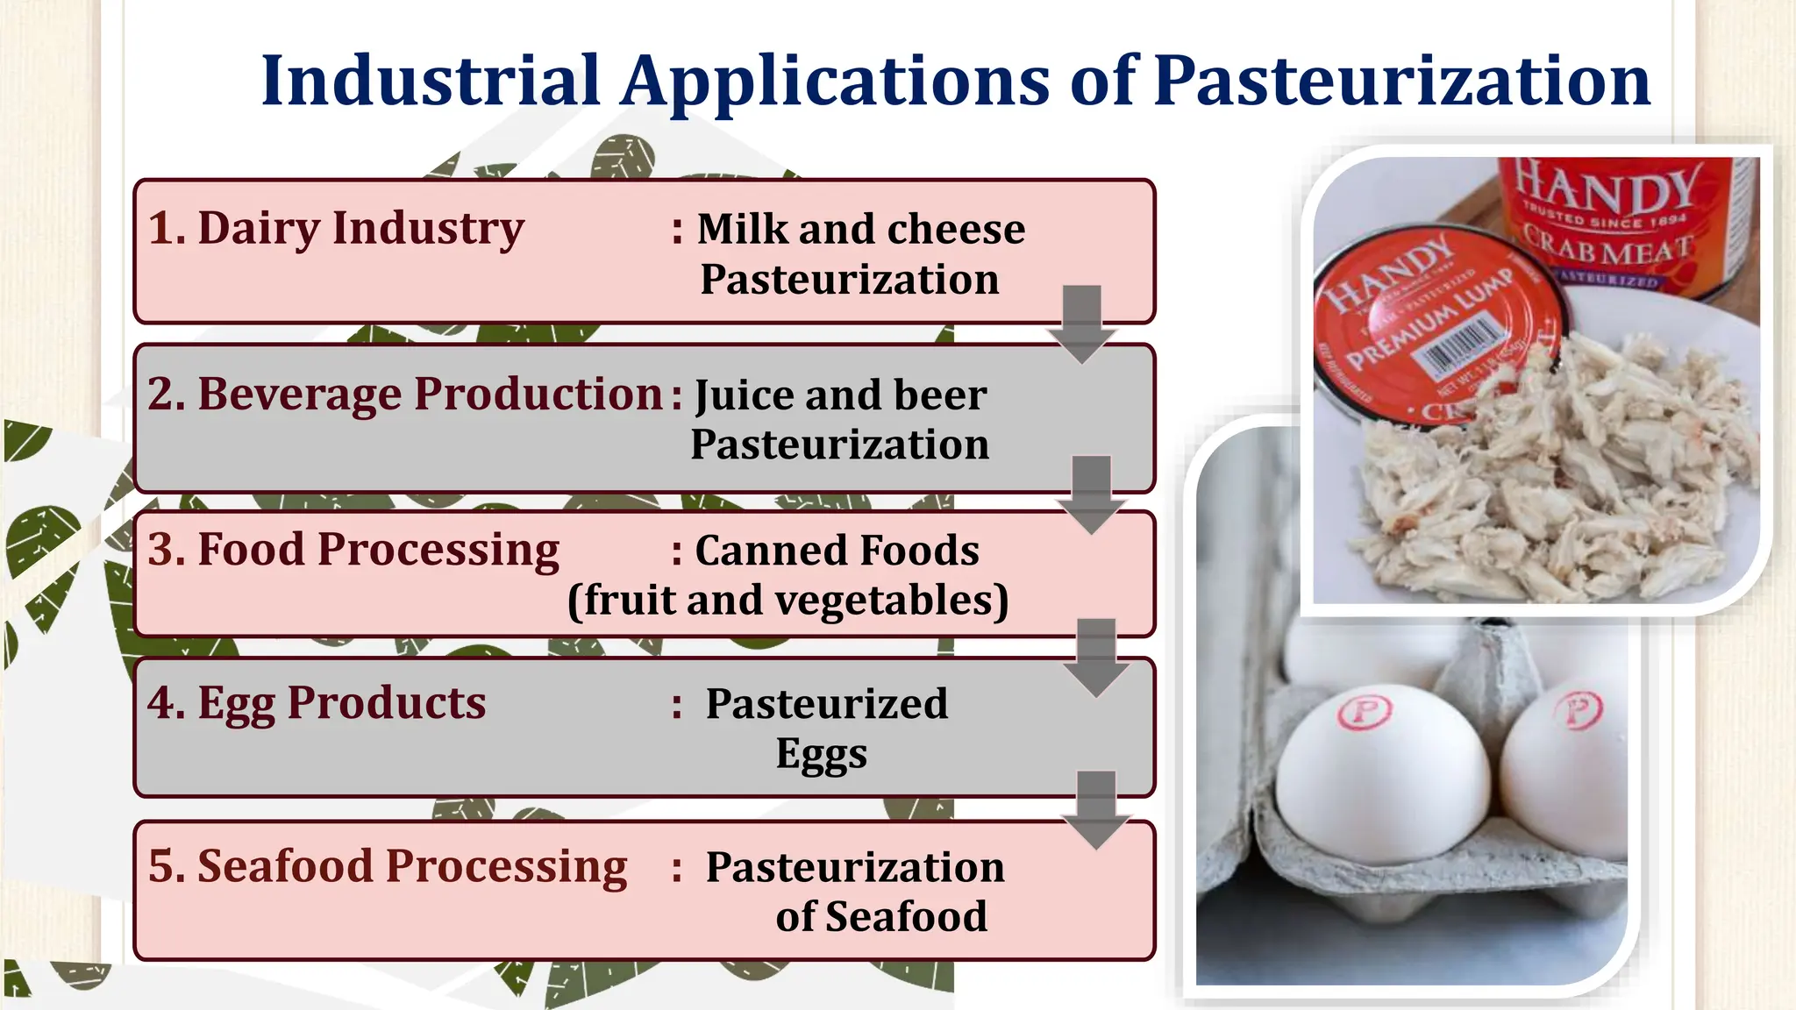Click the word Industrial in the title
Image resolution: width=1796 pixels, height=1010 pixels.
pyautogui.click(x=430, y=81)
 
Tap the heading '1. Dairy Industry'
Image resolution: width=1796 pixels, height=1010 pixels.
pyautogui.click(x=336, y=228)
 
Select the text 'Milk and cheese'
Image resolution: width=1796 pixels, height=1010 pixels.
pyautogui.click(x=860, y=230)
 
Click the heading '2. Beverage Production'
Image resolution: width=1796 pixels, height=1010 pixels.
pyautogui.click(x=404, y=394)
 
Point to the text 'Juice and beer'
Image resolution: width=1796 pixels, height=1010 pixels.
pyautogui.click(x=840, y=395)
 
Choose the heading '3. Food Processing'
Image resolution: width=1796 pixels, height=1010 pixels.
pyautogui.click(x=353, y=551)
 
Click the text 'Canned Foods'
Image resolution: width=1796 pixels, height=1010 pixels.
pyautogui.click(x=837, y=551)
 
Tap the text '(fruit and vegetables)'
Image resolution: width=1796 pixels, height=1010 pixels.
pyautogui.click(x=788, y=601)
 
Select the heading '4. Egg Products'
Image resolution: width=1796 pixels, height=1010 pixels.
pyautogui.click(x=316, y=703)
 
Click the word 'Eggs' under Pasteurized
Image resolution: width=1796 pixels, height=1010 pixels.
pyautogui.click(x=821, y=754)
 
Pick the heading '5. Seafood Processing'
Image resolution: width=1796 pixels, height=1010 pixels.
pyautogui.click(x=387, y=866)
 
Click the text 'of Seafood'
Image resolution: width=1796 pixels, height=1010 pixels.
pyautogui.click(x=880, y=917)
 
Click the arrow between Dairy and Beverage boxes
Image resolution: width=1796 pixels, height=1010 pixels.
pyautogui.click(x=1082, y=324)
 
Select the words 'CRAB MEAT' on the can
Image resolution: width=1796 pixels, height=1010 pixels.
pyautogui.click(x=1607, y=247)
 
